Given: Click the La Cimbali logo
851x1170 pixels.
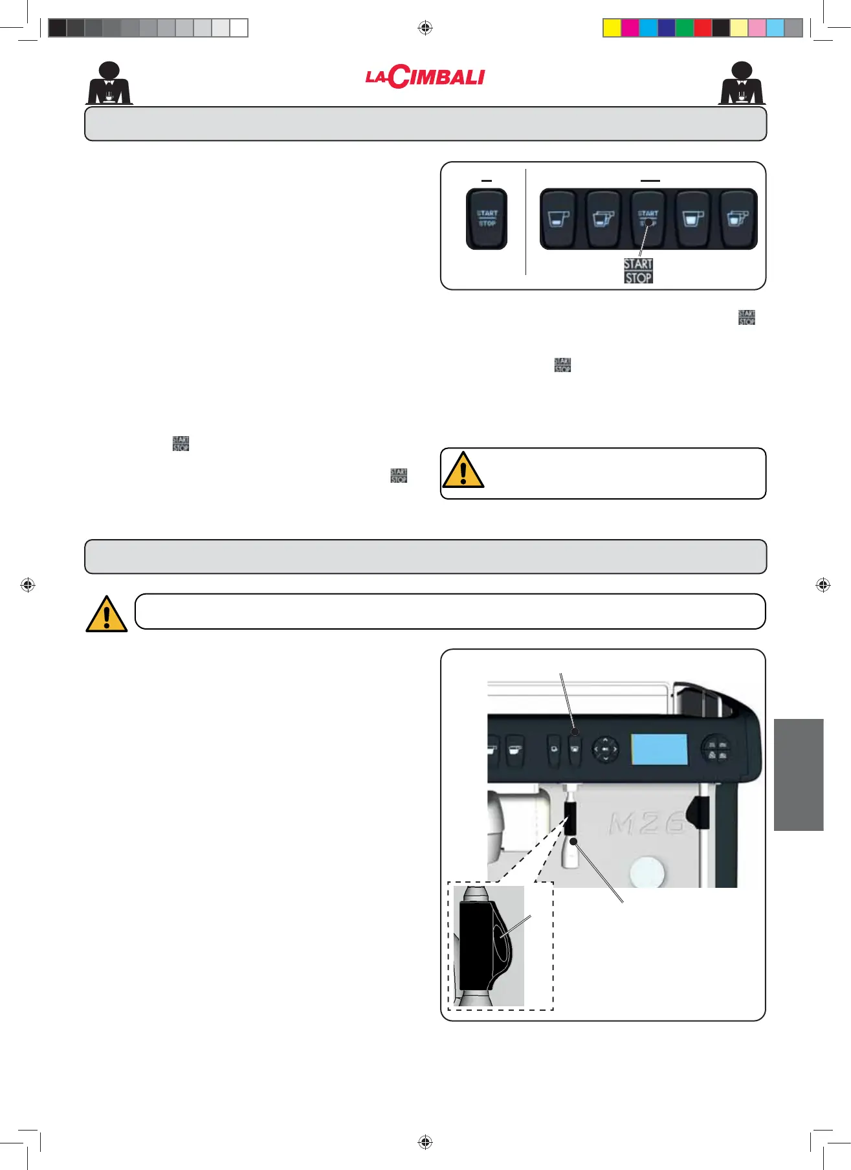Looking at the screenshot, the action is click(425, 77).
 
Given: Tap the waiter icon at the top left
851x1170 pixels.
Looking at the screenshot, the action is click(109, 83).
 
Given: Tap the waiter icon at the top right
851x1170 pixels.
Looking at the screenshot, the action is click(742, 83).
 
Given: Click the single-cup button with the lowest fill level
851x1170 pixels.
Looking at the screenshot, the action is click(558, 219).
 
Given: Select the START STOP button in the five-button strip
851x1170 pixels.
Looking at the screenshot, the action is click(648, 219).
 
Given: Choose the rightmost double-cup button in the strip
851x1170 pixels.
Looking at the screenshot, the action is click(738, 219).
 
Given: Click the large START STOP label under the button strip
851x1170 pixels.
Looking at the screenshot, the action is click(638, 271).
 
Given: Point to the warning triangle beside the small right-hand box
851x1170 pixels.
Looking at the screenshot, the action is click(463, 470).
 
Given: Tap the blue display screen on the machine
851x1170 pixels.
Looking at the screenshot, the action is click(659, 749).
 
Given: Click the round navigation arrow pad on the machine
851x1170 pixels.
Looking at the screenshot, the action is click(605, 749).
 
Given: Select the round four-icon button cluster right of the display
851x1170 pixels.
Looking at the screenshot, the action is click(716, 750).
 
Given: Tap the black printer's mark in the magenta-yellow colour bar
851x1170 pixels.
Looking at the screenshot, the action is click(720, 28).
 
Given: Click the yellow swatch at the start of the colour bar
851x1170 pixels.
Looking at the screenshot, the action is click(612, 28).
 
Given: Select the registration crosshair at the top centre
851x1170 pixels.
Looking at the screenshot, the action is click(425, 28).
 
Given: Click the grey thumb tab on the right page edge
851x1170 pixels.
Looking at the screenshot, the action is click(799, 775).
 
